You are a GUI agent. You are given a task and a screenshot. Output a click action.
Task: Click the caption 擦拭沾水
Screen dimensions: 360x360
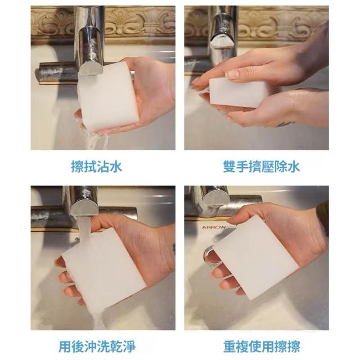[x=96, y=166]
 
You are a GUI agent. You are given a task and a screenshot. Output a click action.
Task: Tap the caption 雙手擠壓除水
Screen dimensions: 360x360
[x=262, y=166]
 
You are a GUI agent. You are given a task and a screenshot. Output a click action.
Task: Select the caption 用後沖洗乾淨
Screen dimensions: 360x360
[x=97, y=346]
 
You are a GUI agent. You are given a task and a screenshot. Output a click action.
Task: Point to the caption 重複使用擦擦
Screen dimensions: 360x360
[x=262, y=346]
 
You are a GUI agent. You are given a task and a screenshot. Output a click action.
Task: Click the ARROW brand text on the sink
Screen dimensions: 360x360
[x=214, y=227]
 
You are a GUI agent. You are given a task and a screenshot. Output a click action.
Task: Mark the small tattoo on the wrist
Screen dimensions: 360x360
[x=285, y=124]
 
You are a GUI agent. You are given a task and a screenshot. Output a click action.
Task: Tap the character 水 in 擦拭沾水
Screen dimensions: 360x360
[x=116, y=166]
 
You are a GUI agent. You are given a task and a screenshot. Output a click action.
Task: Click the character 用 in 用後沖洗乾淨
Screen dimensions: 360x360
[x=65, y=346]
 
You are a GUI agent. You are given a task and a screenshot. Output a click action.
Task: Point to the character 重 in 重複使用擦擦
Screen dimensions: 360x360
[x=230, y=346]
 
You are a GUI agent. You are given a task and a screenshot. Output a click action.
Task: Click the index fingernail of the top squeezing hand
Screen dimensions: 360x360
[x=232, y=75]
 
